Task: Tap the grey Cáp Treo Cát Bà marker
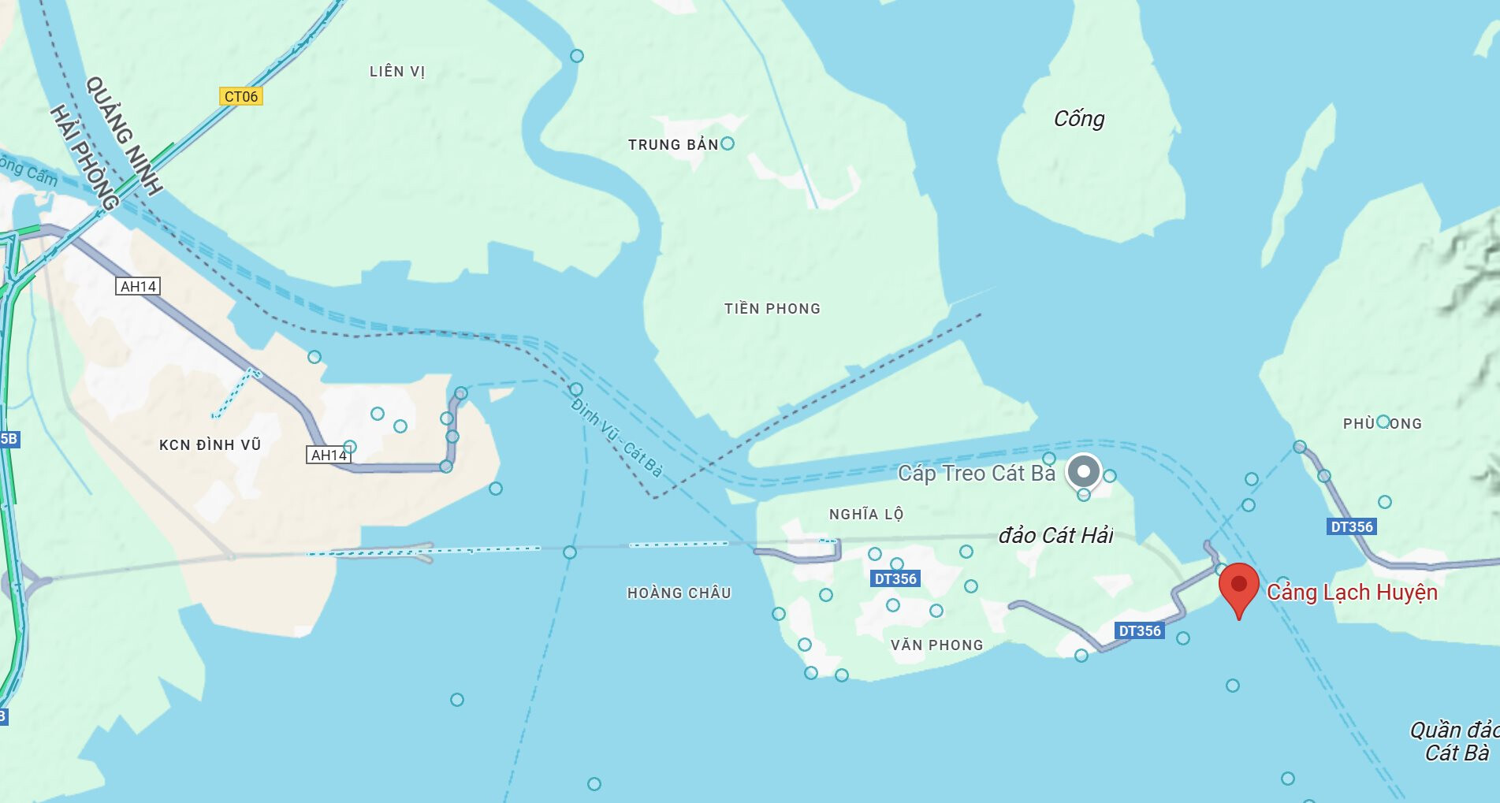(1084, 472)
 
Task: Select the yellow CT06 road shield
(240, 96)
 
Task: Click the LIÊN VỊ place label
(397, 72)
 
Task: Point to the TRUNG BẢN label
(673, 144)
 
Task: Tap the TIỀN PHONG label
(772, 309)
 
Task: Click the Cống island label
(1079, 119)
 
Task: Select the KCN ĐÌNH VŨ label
(210, 445)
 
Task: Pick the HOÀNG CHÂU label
(679, 593)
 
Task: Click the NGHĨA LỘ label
(865, 515)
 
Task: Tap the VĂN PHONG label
(936, 645)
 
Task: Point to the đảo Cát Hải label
(1055, 536)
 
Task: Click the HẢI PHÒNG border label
(84, 158)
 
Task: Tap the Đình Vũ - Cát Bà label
(616, 438)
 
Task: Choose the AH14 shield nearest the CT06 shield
(139, 286)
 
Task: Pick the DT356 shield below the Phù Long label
(1352, 526)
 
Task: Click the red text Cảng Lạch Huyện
(1352, 592)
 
